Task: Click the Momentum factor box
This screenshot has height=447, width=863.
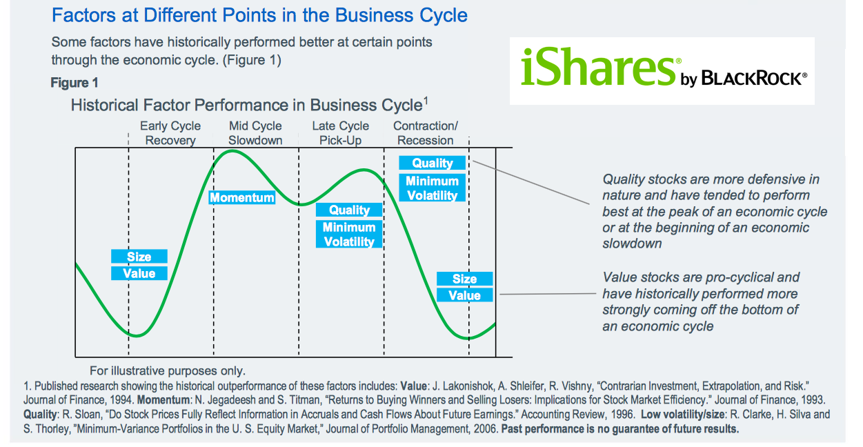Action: click(x=242, y=198)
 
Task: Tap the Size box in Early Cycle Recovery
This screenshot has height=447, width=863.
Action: click(x=139, y=256)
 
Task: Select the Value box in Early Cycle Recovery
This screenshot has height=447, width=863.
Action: click(x=139, y=273)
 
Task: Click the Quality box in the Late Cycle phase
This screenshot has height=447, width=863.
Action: click(x=349, y=210)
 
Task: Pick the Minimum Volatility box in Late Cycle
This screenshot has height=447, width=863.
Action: click(x=349, y=234)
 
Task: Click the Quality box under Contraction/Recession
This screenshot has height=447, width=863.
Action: click(x=433, y=163)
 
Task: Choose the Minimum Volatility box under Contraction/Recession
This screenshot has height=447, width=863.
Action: click(x=433, y=188)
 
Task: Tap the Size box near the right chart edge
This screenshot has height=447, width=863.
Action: click(x=465, y=279)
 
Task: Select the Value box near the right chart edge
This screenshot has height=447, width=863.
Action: click(x=465, y=295)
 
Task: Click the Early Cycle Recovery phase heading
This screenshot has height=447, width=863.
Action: click(x=170, y=133)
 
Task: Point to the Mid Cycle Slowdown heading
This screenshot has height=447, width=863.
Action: click(x=255, y=133)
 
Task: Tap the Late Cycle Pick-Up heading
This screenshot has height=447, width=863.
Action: click(x=341, y=133)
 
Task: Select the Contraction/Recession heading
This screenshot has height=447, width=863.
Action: click(x=426, y=133)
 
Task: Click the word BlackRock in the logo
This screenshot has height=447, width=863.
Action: click(x=753, y=78)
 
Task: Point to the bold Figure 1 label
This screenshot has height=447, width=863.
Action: click(x=75, y=83)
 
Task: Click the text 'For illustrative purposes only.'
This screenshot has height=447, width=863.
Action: click(x=168, y=370)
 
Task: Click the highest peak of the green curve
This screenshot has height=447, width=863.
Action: click(x=232, y=151)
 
